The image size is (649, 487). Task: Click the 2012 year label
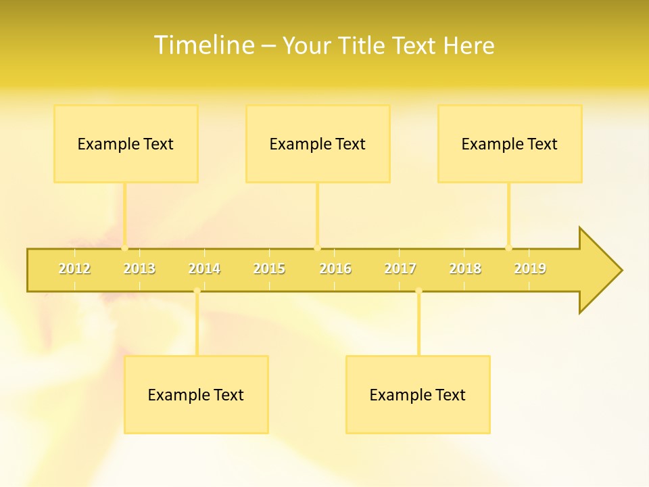(x=74, y=269)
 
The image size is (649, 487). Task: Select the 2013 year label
(x=139, y=269)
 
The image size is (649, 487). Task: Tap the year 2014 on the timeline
(x=204, y=269)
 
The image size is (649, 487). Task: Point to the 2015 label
(x=269, y=269)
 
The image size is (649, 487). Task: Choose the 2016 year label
(x=335, y=269)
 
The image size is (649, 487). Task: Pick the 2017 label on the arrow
(x=400, y=269)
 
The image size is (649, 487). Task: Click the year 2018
(x=465, y=269)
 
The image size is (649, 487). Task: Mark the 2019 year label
(x=530, y=269)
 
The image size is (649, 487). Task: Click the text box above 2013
(x=126, y=143)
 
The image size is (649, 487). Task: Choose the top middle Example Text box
(x=318, y=143)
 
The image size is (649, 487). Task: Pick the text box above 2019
(x=510, y=143)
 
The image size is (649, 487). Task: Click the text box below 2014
(x=196, y=394)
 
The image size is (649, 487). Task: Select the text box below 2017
(x=418, y=394)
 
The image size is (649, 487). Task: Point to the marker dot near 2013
(x=124, y=248)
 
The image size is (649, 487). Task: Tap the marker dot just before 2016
(x=317, y=248)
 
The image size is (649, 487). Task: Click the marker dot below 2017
(x=418, y=291)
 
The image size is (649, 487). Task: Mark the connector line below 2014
(x=197, y=325)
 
